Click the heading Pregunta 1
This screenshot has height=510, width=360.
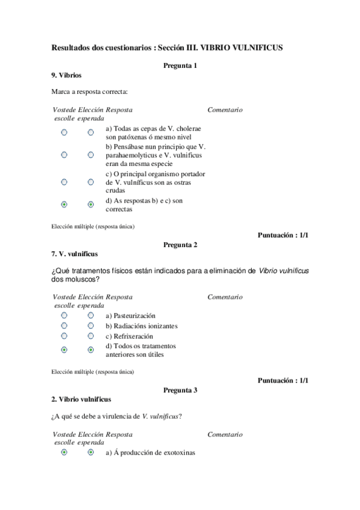pyautogui.click(x=180, y=66)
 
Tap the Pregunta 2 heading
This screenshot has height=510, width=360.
pyautogui.click(x=180, y=245)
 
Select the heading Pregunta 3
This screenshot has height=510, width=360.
pyautogui.click(x=180, y=390)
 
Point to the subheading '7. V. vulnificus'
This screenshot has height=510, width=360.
pyautogui.click(x=75, y=254)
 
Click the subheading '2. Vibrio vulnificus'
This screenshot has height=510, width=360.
pyautogui.click(x=81, y=399)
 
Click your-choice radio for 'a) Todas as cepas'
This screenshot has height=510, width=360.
pyautogui.click(x=64, y=132)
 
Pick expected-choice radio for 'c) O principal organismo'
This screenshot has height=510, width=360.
pyautogui.click(x=91, y=181)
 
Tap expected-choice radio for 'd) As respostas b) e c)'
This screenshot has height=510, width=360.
pyautogui.click(x=91, y=204)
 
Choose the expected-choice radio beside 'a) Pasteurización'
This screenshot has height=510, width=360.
pyautogui.click(x=91, y=315)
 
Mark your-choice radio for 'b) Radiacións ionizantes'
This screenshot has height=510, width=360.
pyautogui.click(x=64, y=325)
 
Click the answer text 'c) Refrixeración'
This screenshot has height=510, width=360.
pyautogui.click(x=129, y=336)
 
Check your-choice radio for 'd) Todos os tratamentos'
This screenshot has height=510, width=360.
pyautogui.click(x=64, y=349)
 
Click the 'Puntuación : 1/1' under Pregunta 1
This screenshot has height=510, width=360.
pyautogui.click(x=282, y=235)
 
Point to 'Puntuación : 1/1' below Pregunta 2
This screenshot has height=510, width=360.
pyautogui.click(x=282, y=380)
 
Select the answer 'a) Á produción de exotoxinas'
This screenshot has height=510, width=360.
pyautogui.click(x=151, y=453)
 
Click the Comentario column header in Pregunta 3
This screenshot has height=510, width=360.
pyautogui.click(x=225, y=434)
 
